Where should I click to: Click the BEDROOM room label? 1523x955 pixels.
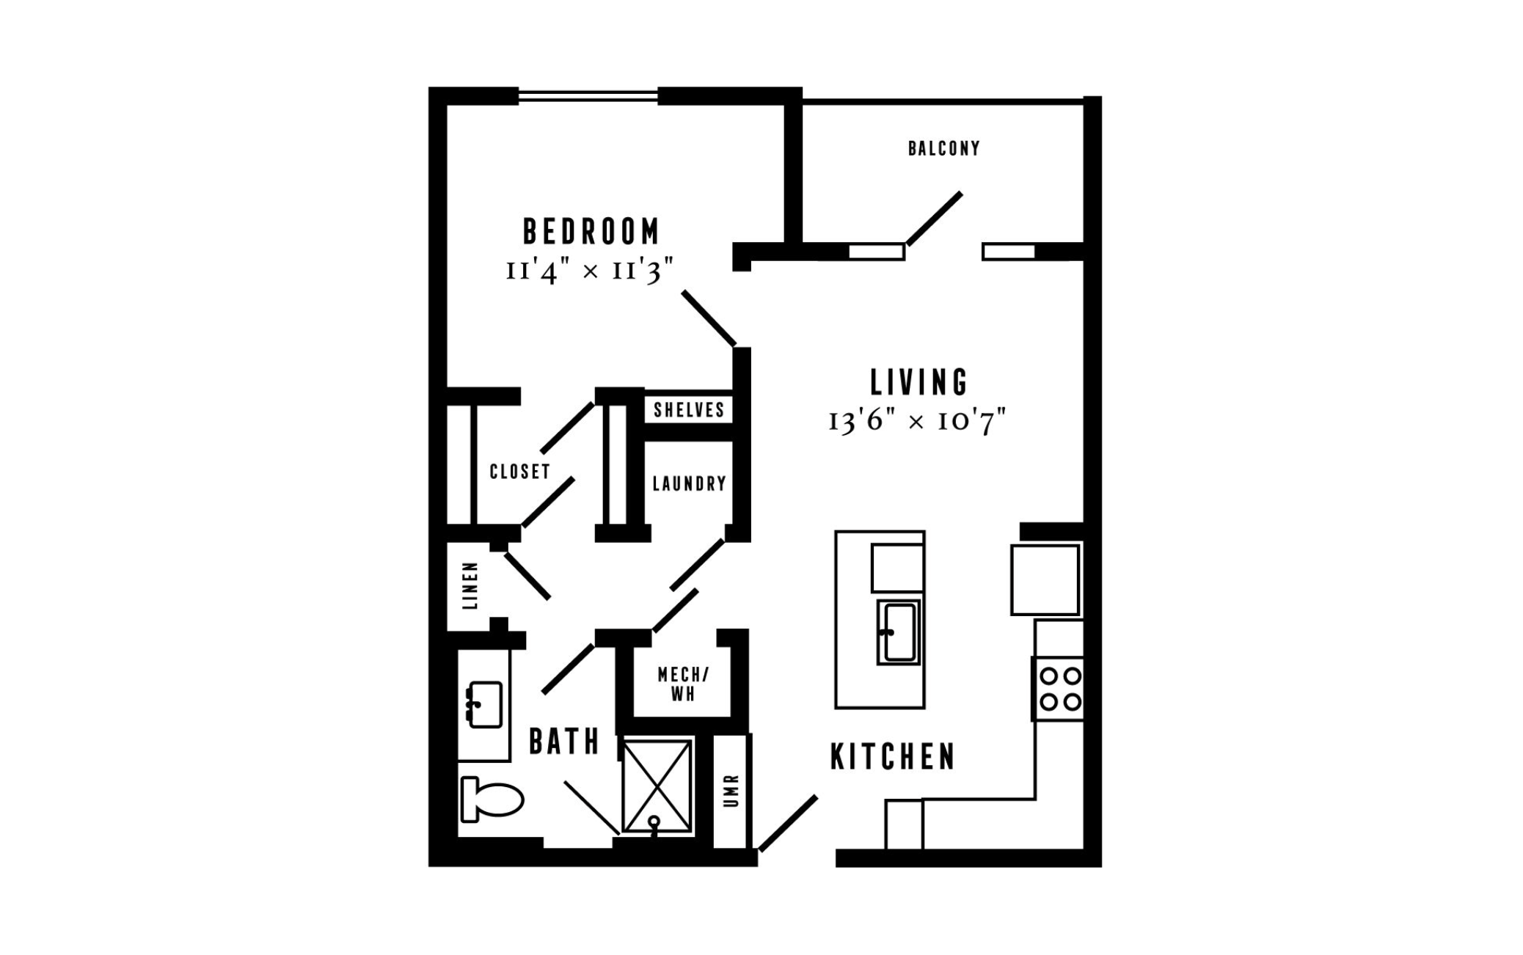(x=591, y=231)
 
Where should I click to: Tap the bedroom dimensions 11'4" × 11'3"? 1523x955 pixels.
(x=590, y=271)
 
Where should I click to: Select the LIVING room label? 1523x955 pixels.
(x=919, y=382)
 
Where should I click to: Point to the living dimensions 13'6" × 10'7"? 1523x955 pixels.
(x=917, y=422)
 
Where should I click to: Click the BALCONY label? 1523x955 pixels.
(x=944, y=148)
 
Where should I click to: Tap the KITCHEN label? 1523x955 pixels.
(x=893, y=757)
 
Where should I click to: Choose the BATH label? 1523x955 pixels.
(x=564, y=742)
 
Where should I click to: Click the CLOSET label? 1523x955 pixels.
(x=520, y=471)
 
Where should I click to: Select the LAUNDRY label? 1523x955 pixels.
(x=690, y=483)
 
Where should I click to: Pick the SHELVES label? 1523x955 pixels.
(x=689, y=409)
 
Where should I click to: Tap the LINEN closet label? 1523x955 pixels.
(x=470, y=586)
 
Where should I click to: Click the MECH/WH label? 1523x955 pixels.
(x=683, y=684)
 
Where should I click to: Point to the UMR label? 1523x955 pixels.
(x=731, y=791)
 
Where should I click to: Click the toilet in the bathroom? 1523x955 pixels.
(x=491, y=799)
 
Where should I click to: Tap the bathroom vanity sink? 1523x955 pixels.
(x=484, y=705)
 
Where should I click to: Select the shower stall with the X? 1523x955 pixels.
(x=657, y=786)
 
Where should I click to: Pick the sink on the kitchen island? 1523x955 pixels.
(x=899, y=632)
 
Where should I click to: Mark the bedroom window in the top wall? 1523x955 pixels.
(x=588, y=96)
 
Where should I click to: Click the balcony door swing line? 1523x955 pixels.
(x=934, y=219)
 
